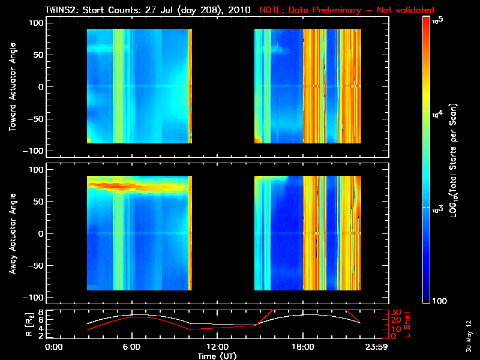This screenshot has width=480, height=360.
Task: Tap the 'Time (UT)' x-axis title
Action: (x=218, y=356)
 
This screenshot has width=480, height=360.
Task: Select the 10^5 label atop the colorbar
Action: (x=437, y=20)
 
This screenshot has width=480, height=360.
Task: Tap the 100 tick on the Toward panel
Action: (x=37, y=22)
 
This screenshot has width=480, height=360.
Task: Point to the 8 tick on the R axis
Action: (x=41, y=313)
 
